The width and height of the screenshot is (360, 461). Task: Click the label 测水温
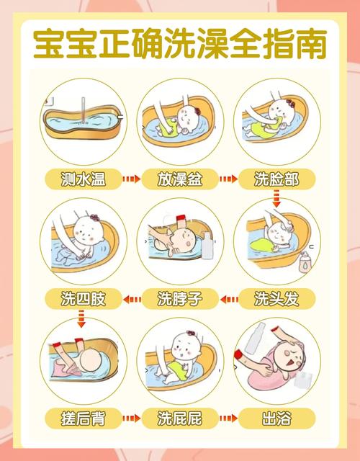(84, 179)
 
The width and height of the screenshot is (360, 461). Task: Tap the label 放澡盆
(180, 179)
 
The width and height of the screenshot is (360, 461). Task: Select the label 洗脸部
(276, 179)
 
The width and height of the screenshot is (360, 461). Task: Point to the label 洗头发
(276, 299)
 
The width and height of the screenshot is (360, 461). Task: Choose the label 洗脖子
(180, 299)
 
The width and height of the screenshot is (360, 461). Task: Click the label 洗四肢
(84, 299)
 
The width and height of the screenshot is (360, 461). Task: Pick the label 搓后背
(84, 419)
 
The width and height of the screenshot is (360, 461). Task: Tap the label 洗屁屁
(180, 419)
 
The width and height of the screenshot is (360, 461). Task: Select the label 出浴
(276, 419)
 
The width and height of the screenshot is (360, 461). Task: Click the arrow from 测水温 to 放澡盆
(131, 179)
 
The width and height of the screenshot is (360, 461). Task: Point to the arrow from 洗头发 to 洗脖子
(229, 300)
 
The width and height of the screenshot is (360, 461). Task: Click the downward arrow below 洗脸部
(276, 199)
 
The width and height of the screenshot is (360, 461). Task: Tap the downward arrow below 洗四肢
(81, 319)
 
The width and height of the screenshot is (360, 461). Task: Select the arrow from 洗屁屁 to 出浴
(228, 418)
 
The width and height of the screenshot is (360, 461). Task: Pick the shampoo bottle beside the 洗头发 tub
(305, 262)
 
